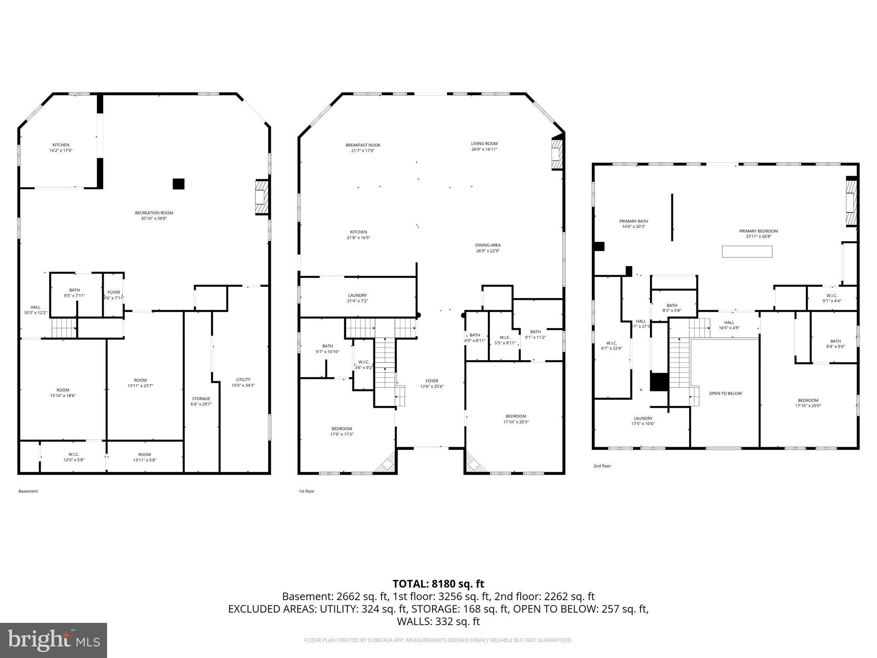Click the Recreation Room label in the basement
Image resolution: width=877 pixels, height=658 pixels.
tap(154, 215)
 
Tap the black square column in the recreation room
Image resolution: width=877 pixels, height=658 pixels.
tap(178, 184)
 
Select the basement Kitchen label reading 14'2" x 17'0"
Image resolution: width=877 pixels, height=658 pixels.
tap(61, 148)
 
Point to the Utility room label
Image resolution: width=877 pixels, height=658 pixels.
tap(243, 382)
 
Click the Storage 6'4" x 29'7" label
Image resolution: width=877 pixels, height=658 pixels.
tap(201, 401)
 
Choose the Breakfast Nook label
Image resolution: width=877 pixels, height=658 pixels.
tap(363, 148)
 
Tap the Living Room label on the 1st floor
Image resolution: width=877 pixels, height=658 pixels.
tap(484, 147)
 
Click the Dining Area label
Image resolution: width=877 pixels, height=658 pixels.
tap(487, 248)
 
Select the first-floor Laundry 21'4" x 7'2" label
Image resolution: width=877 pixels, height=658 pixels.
tap(357, 298)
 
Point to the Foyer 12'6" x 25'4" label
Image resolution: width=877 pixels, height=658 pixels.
tap(432, 383)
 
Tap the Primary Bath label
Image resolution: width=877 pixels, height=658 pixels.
tap(634, 224)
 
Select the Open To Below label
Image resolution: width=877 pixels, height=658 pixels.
tap(725, 393)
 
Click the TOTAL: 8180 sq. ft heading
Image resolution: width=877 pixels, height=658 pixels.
tap(438, 583)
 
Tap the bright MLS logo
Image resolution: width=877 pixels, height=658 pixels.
tap(54, 640)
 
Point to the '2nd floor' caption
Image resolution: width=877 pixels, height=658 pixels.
tap(602, 466)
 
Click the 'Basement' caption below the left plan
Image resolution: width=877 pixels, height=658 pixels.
tap(28, 491)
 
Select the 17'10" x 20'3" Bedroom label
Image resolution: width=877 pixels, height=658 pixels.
tap(516, 419)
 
